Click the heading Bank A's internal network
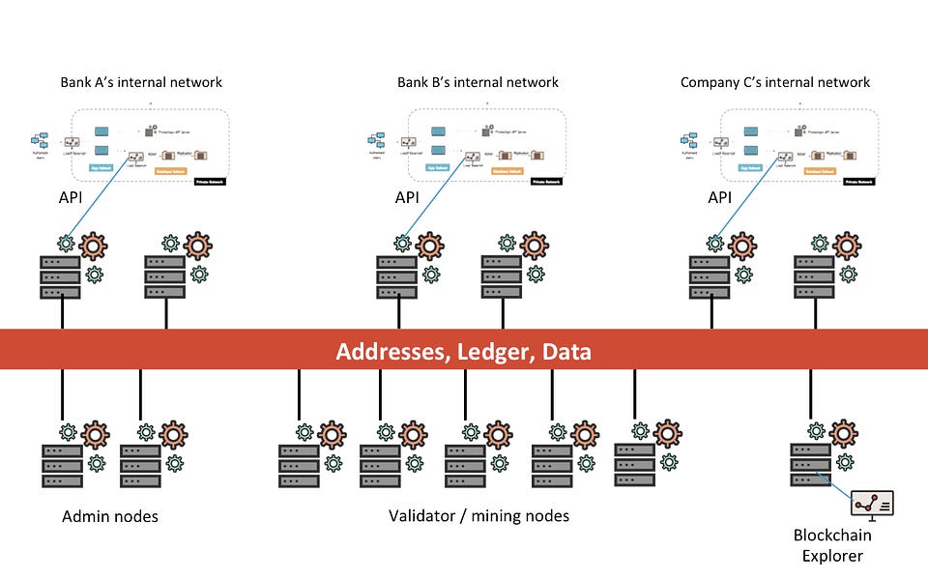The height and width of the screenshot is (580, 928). click(142, 82)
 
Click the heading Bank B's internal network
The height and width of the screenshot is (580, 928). click(478, 82)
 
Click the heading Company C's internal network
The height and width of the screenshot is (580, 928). click(775, 82)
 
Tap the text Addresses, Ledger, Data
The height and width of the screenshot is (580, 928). click(463, 351)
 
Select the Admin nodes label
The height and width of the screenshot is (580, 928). click(110, 516)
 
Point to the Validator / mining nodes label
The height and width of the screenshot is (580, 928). click(478, 516)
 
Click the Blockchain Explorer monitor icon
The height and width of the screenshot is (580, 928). click(872, 504)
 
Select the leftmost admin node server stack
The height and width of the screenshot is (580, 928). click(62, 466)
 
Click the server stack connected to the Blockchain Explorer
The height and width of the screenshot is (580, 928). click(810, 466)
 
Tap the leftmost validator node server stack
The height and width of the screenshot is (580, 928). click(299, 466)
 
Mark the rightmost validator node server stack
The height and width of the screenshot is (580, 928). click(635, 466)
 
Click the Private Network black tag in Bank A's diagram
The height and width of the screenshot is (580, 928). click(209, 181)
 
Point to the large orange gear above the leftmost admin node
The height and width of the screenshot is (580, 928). click(96, 434)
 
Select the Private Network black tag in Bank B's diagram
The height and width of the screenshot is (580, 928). click(547, 181)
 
